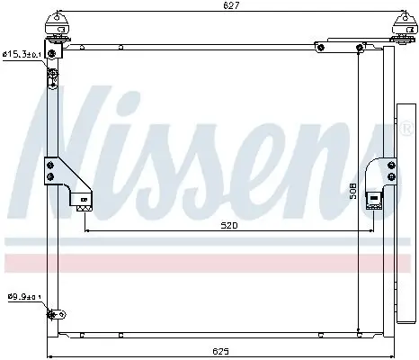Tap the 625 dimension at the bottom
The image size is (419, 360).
tap(219, 349)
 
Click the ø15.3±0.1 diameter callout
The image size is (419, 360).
tap(22, 55)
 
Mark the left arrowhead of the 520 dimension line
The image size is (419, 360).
tap(86, 231)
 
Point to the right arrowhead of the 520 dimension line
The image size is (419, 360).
tap(371, 231)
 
